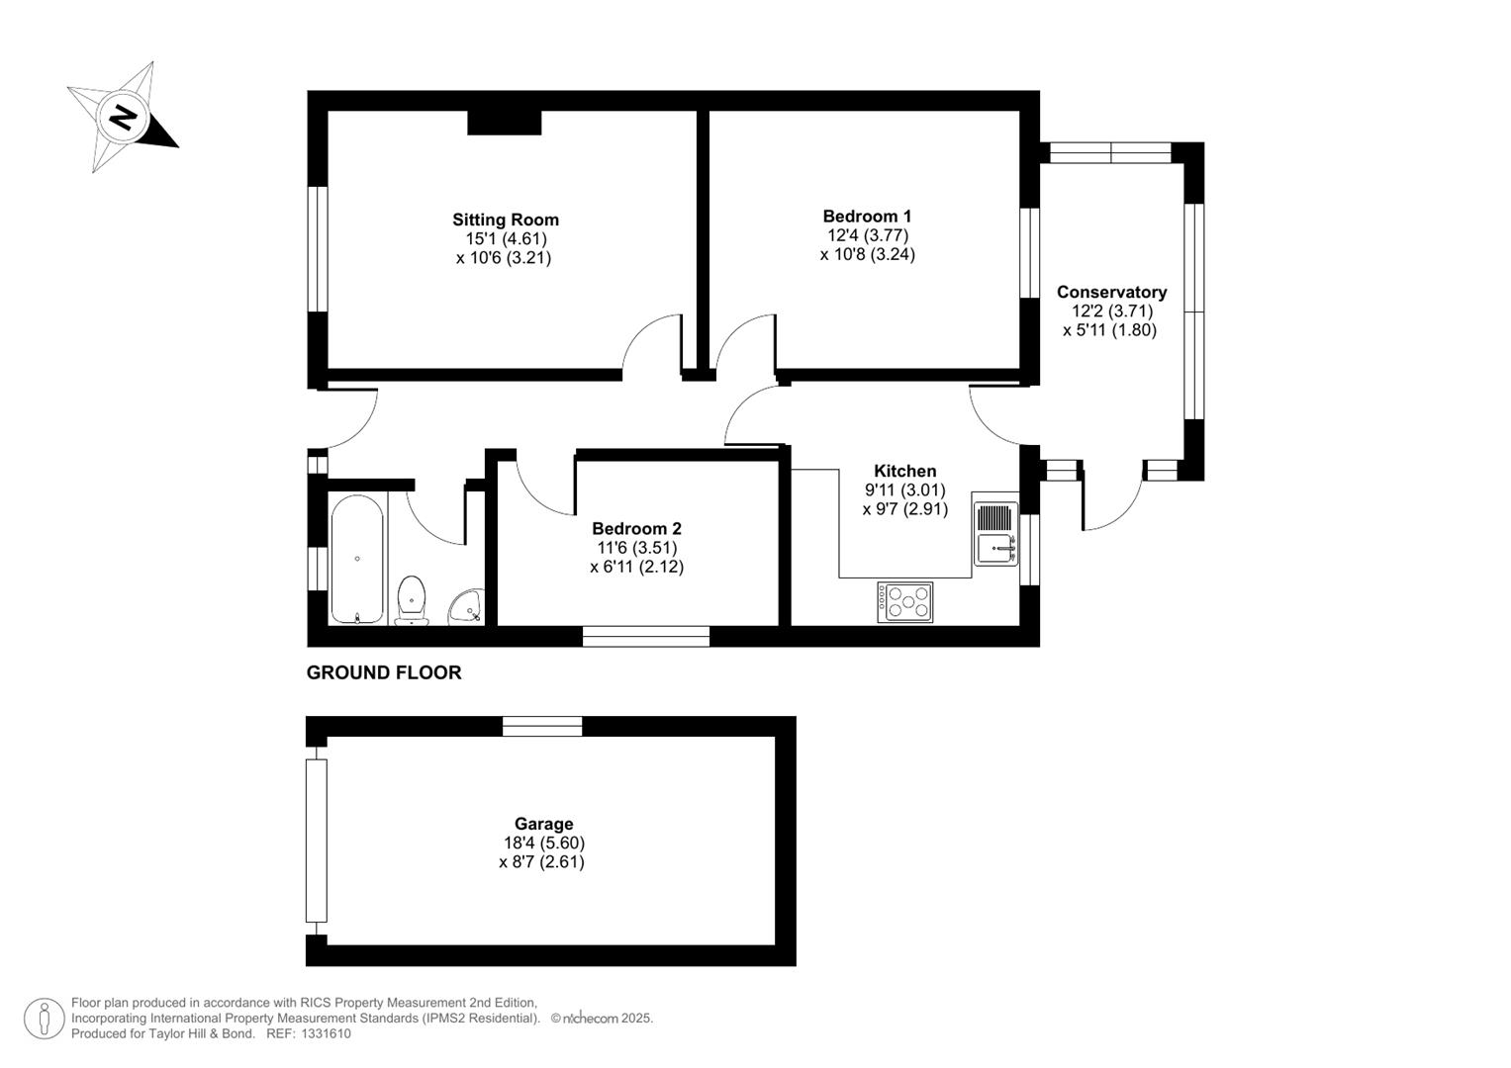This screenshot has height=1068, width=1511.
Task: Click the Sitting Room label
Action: pyautogui.click(x=506, y=220)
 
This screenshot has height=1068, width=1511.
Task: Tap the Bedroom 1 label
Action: pyautogui.click(x=867, y=216)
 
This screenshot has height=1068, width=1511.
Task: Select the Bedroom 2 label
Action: pyautogui.click(x=636, y=529)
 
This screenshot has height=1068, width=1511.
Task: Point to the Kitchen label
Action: pyautogui.click(x=904, y=471)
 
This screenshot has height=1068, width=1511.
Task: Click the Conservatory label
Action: pyautogui.click(x=1111, y=292)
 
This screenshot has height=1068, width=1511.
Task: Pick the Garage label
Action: pyautogui.click(x=543, y=824)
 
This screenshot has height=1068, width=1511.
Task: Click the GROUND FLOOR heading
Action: pyautogui.click(x=384, y=672)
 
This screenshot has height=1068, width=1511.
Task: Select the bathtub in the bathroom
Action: pyautogui.click(x=356, y=560)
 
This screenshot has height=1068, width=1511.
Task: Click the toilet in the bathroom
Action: pyautogui.click(x=412, y=599)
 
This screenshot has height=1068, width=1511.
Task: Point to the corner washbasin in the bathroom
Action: pyautogui.click(x=465, y=606)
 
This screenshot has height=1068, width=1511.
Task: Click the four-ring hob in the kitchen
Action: pyautogui.click(x=904, y=601)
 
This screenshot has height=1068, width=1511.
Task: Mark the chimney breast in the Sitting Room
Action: pyautogui.click(x=504, y=123)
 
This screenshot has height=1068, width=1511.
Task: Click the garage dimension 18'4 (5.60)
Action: pyautogui.click(x=543, y=844)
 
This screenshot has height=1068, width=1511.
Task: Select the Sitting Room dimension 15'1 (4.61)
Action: pyautogui.click(x=506, y=238)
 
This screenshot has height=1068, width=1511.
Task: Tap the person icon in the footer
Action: pyautogui.click(x=45, y=1019)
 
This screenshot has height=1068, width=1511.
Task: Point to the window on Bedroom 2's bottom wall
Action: pyautogui.click(x=645, y=636)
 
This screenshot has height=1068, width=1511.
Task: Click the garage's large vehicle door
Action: pyautogui.click(x=316, y=840)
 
